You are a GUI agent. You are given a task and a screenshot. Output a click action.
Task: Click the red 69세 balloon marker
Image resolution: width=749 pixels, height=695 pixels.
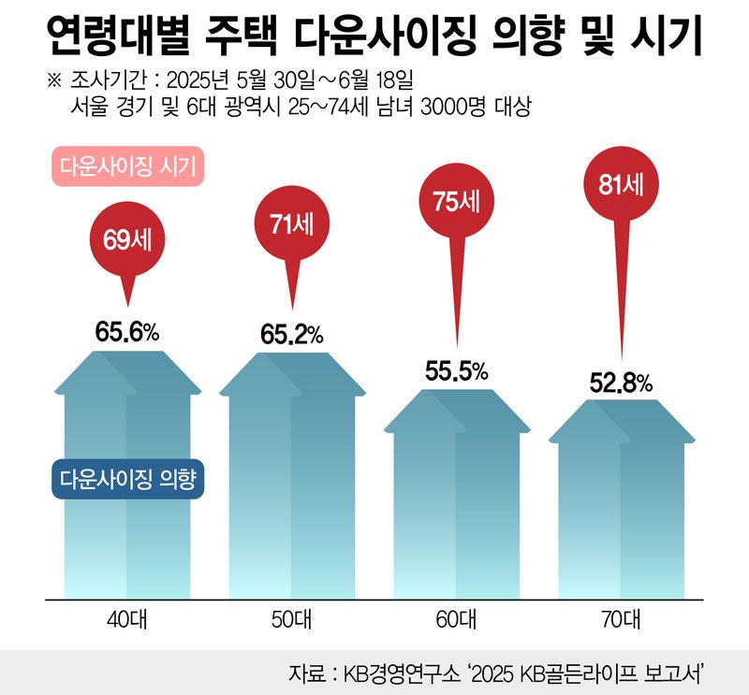click(x=127, y=238)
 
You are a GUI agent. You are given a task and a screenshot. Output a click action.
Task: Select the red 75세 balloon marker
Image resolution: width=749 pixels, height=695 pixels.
click(x=455, y=199)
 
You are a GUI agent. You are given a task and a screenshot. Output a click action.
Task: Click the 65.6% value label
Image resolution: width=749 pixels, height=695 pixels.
click(x=127, y=331)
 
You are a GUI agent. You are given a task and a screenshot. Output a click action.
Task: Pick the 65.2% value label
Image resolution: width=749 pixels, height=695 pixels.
click(x=290, y=333)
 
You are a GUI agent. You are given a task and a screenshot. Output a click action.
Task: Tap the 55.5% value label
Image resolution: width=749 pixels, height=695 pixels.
click(x=456, y=370)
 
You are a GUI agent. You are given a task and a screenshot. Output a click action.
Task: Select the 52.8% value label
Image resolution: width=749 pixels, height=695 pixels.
click(x=621, y=383)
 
